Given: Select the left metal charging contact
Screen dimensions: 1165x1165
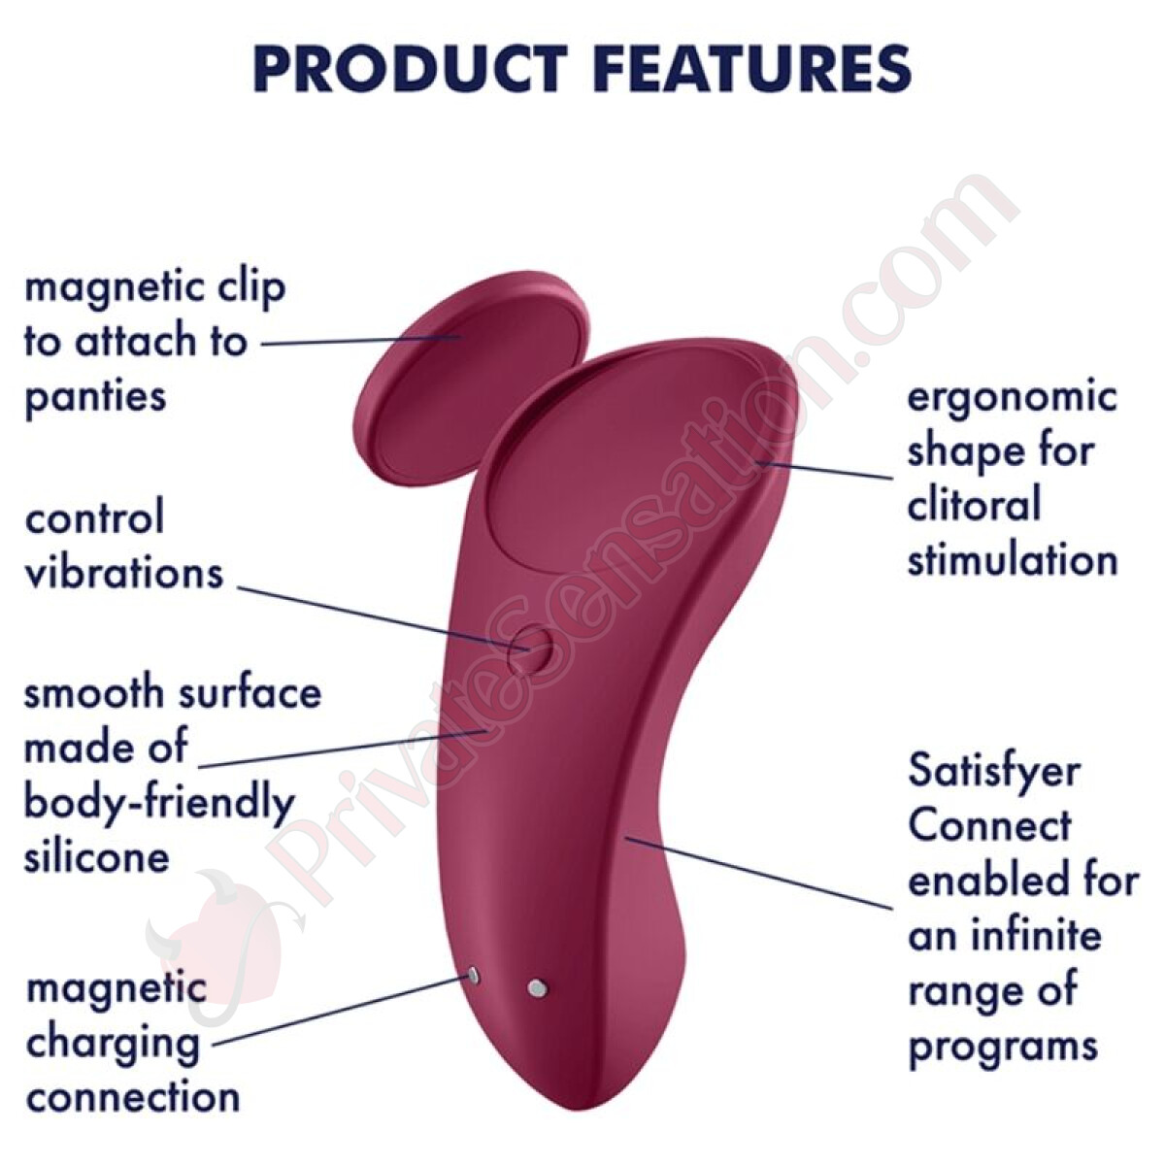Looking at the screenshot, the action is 474,976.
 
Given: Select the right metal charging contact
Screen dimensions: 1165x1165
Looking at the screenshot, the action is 537,988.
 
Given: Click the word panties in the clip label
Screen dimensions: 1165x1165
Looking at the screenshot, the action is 95,399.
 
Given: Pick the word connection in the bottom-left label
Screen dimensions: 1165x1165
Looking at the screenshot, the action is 133,1097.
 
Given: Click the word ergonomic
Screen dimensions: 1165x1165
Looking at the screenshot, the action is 1013,400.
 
